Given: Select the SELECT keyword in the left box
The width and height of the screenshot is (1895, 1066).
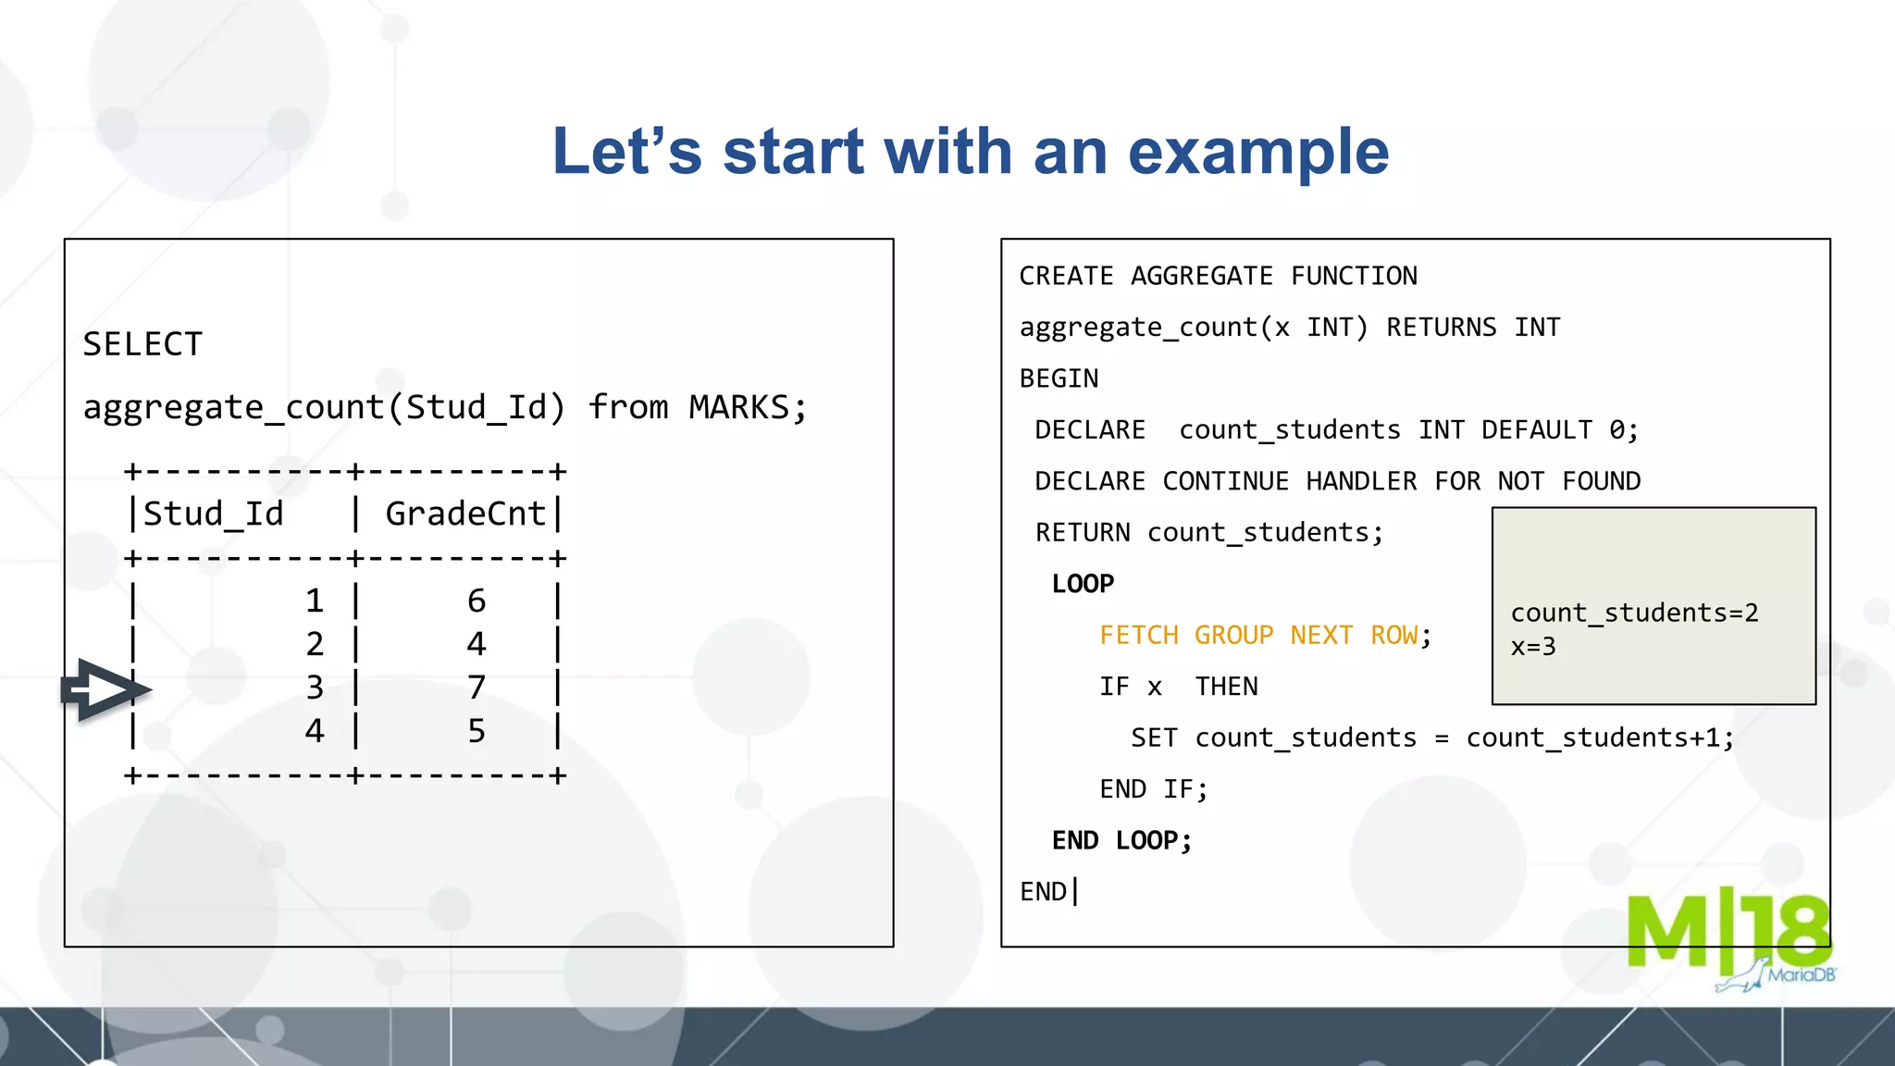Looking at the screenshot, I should click(x=142, y=345).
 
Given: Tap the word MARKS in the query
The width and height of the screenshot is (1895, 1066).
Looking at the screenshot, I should click(x=738, y=407).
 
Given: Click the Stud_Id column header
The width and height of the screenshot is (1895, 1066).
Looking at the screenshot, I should click(x=213, y=514).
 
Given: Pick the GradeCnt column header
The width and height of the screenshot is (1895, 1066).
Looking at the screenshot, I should click(x=465, y=514).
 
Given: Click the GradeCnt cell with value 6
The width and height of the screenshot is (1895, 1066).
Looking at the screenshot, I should click(x=477, y=601).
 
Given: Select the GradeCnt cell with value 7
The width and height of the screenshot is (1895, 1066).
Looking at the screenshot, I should click(x=477, y=688).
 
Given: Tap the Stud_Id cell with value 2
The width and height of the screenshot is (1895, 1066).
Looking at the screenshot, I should click(x=315, y=644).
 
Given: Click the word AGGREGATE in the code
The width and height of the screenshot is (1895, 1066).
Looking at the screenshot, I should click(x=1201, y=277).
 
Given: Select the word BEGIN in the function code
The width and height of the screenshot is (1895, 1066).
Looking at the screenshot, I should click(x=1059, y=379).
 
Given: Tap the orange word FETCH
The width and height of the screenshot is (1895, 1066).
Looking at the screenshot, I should click(x=1138, y=636).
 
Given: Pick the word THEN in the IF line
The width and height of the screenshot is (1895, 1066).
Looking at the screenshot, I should click(x=1226, y=687).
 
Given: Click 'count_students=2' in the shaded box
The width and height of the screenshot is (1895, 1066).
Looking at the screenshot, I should click(x=1634, y=613).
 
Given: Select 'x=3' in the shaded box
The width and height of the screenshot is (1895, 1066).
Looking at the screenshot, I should click(x=1533, y=647).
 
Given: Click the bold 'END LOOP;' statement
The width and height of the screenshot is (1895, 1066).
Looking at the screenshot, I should click(x=1121, y=840).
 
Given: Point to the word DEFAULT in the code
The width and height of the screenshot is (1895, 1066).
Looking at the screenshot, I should click(x=1536, y=430).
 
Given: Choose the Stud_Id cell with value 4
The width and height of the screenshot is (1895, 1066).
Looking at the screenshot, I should click(x=315, y=731).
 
